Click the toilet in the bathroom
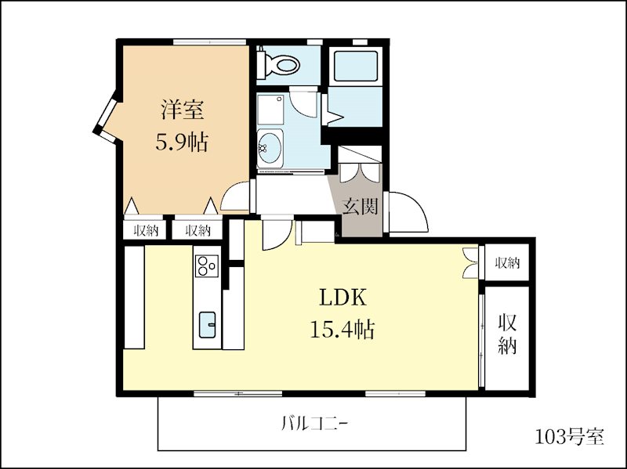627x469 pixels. coord(279,63)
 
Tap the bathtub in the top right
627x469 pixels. coord(355,65)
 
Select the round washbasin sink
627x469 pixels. coord(270,148)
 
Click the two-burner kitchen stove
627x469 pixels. coord(207,265)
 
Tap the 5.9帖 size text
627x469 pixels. coord(182,142)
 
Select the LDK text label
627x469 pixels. coord(342,297)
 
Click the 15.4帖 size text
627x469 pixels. coord(342,330)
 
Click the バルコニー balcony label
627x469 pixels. coord(314,423)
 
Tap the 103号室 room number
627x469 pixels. coord(569,436)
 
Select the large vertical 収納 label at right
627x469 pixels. coord(507,334)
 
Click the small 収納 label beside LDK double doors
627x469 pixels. coord(507,263)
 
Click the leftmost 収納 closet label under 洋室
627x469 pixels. coord(146,230)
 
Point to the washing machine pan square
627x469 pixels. coord(270,109)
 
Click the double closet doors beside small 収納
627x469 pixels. coord(471,262)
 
